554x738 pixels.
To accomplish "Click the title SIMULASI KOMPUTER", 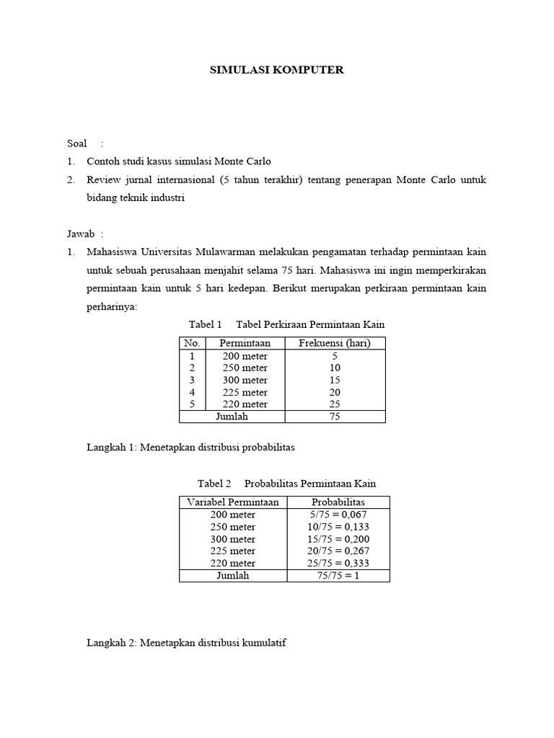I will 277,70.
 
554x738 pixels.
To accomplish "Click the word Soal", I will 76,143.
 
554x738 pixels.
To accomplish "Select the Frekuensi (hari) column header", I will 334,343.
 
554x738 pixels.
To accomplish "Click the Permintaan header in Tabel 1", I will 245,343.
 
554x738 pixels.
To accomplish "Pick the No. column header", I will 192,343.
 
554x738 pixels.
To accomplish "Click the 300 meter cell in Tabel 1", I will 245,380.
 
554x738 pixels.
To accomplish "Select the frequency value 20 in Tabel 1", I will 334,392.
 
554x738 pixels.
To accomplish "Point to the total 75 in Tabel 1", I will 334,417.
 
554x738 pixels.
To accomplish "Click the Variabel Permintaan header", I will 233,502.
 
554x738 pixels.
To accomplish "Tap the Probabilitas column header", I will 338,502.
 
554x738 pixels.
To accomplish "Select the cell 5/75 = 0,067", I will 338,515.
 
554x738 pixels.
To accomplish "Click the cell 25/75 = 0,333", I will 338,563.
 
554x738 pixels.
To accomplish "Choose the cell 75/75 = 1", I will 338,576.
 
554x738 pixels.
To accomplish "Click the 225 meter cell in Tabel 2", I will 233,551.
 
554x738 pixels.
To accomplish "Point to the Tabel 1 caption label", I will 205,324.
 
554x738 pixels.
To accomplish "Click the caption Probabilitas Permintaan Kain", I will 310,484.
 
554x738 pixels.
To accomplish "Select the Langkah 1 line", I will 190,448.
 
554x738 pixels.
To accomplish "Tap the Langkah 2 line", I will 186,642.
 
